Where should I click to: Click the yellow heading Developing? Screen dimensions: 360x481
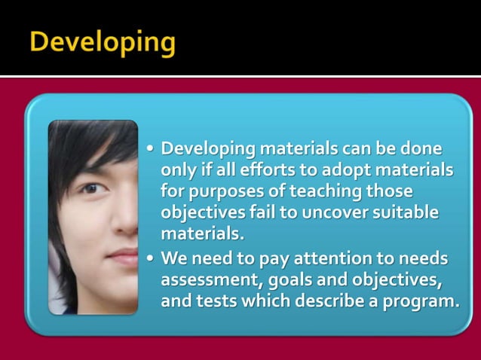tap(103, 41)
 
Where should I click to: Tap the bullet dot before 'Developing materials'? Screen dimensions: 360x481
tap(151, 148)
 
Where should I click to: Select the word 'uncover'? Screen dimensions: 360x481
tap(331, 212)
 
